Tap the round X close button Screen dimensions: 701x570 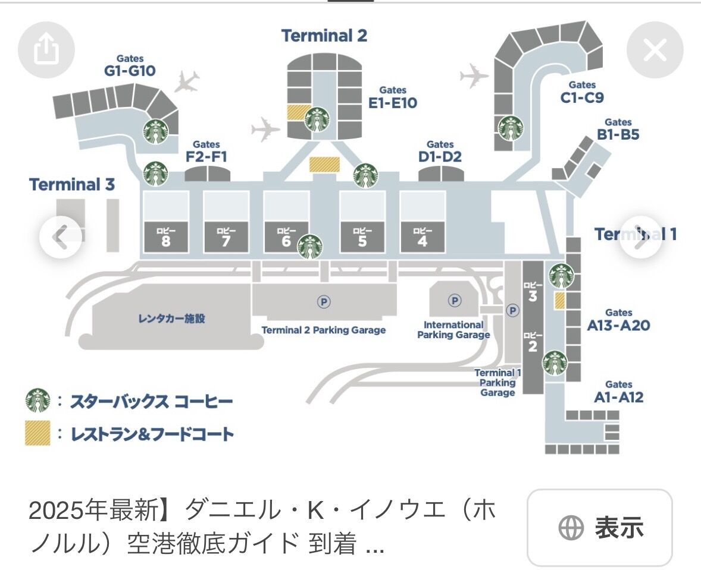point(655,51)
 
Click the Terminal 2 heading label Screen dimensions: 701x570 point(324,36)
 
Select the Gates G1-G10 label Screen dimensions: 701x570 point(130,67)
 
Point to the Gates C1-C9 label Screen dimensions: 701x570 point(582,93)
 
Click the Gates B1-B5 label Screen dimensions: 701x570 point(618,130)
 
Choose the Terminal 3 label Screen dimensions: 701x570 point(72,184)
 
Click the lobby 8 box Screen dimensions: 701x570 point(165,237)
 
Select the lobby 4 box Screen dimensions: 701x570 point(423,237)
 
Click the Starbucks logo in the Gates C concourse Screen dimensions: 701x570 point(511,127)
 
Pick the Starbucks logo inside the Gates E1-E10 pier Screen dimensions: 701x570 point(317,119)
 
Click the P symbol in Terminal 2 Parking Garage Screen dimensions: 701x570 point(324,302)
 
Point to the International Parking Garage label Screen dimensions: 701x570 point(453,330)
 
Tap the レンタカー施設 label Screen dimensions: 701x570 point(171,319)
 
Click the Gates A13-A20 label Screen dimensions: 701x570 point(618,320)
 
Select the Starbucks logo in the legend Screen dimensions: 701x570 point(37,401)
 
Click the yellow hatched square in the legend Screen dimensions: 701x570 point(37,434)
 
